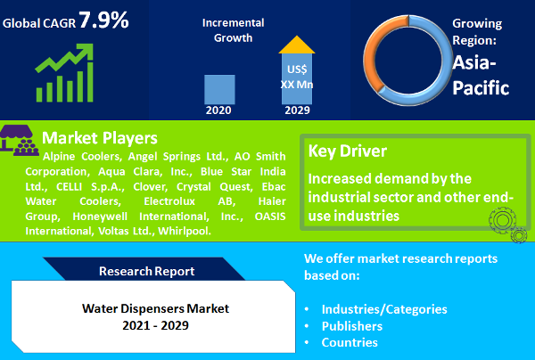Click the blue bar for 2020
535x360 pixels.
point(220,89)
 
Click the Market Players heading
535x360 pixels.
point(100,138)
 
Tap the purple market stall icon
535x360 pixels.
point(20,141)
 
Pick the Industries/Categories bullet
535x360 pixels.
point(383,309)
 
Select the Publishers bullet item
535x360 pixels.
point(358,326)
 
